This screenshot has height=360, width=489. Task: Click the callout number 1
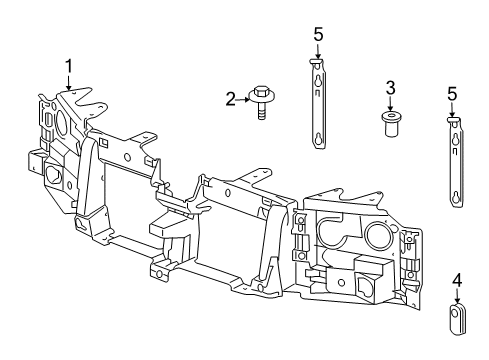[69, 66]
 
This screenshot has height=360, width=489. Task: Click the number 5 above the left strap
[318, 35]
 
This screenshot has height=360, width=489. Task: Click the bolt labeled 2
[263, 101]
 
